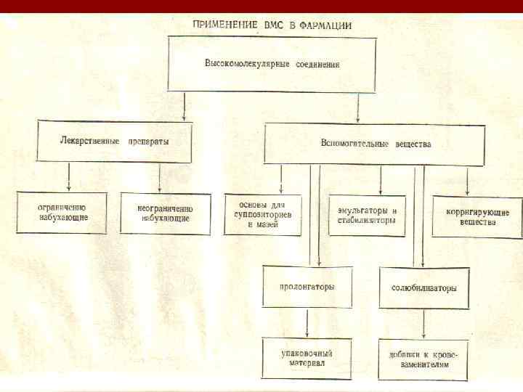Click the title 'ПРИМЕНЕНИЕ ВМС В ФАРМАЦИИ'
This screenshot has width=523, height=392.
[272, 24]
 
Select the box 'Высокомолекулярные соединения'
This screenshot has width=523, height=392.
[272, 64]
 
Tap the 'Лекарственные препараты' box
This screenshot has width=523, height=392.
[115, 142]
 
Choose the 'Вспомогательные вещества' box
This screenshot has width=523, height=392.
[375, 143]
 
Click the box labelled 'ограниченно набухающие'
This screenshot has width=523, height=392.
[62, 212]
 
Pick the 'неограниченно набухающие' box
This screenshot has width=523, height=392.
[165, 212]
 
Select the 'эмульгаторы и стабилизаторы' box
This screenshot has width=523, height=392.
[367, 216]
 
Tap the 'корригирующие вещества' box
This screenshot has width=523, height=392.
[477, 216]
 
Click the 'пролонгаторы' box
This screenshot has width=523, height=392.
[307, 287]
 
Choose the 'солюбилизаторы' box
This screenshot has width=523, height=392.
[423, 288]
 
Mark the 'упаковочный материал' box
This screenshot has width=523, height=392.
[307, 358]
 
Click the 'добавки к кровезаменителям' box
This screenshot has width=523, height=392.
[423, 360]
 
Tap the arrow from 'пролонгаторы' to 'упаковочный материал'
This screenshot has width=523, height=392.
[308, 322]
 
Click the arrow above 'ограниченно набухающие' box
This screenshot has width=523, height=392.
[68, 177]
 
